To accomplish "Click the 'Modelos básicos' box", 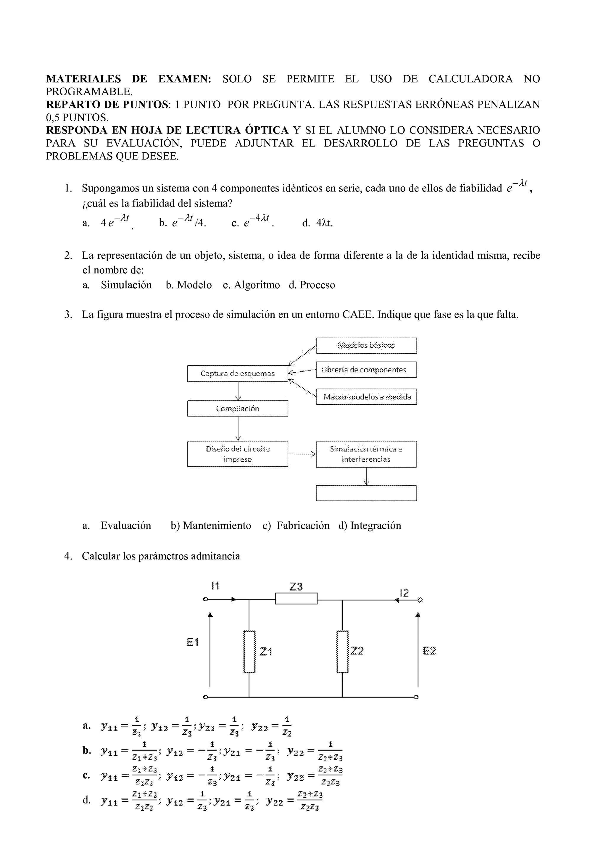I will coord(366,345).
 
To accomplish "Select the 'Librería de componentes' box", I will coord(366,370).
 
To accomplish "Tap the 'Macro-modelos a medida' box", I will coord(366,397).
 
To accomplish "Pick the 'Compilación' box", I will coord(237,408).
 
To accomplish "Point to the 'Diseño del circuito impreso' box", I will coord(237,454).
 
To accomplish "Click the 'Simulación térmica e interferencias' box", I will coord(366,454).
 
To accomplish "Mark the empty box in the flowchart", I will coord(366,493).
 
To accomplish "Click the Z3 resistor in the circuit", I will coord(296,599).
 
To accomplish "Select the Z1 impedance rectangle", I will coord(249,651).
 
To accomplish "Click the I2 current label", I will coord(404,593).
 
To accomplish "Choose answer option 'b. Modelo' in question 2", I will coord(189,285).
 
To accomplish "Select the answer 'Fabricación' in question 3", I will coord(303,526).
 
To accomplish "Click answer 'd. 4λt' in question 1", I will coord(317,223).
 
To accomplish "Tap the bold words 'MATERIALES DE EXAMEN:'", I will coord(128,79).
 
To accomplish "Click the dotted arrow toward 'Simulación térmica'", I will coord(302,454).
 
